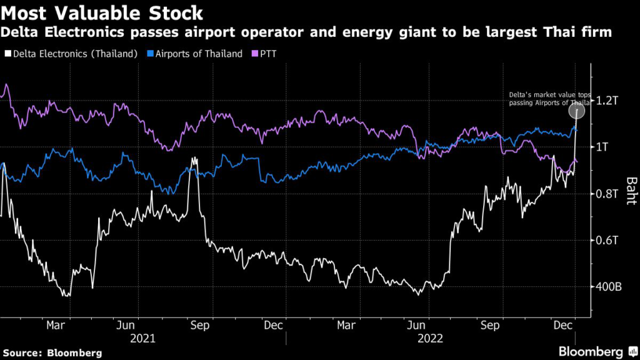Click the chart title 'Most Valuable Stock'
[102, 12]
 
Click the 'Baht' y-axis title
[632, 189]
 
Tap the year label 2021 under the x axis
[143, 338]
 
